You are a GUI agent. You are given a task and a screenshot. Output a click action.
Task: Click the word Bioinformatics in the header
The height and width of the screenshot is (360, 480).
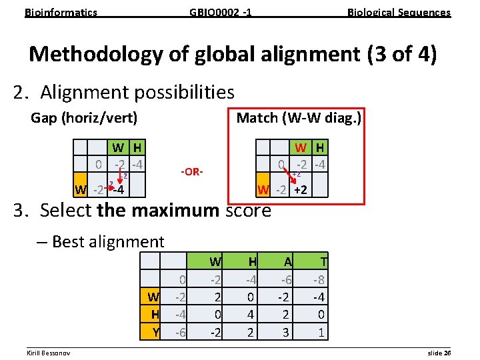pyautogui.click(x=61, y=12)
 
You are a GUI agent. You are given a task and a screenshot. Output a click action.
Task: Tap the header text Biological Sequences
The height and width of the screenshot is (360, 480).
pyautogui.click(x=399, y=12)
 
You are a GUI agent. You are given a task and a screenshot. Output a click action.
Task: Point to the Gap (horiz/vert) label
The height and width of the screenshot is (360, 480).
pyautogui.click(x=84, y=118)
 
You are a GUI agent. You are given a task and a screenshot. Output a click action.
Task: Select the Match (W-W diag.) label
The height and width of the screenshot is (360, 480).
pyautogui.click(x=299, y=118)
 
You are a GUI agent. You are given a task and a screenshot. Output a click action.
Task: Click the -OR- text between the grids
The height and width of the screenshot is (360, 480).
pyautogui.click(x=192, y=172)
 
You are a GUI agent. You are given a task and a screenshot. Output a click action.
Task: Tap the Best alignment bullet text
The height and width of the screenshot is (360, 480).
pyautogui.click(x=108, y=241)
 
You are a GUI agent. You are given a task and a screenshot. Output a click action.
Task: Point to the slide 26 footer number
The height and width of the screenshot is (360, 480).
pyautogui.click(x=438, y=351)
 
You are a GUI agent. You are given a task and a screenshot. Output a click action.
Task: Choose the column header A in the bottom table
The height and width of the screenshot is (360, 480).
pyautogui.click(x=287, y=262)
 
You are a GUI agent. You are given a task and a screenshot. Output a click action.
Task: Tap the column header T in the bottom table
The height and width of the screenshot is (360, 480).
pyautogui.click(x=323, y=262)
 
